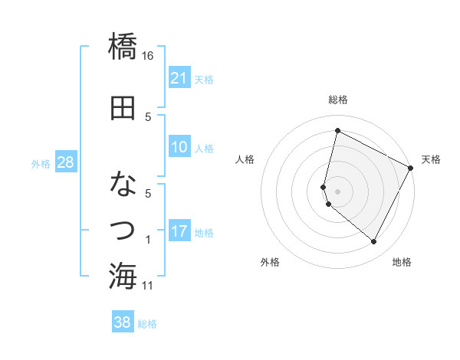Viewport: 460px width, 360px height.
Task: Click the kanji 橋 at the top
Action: point(123,46)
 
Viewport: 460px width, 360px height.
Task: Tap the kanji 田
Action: point(123,108)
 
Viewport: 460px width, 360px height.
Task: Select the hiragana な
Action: point(123,185)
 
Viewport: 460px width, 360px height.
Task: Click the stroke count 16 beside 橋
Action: point(148,56)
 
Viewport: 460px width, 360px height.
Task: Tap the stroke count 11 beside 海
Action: point(148,286)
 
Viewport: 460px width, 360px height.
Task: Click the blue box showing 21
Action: point(179,77)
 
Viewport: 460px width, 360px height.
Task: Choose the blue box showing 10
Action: point(179,147)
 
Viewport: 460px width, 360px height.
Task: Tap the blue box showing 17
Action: point(179,231)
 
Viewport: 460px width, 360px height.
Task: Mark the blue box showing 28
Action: point(65,162)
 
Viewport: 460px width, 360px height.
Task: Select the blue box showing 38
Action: point(123,322)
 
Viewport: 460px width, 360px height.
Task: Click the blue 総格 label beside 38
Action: point(147,323)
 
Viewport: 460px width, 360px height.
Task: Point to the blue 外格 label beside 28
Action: point(40,163)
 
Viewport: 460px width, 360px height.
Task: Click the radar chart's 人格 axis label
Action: point(245,159)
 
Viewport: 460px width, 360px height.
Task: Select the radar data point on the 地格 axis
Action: point(374,242)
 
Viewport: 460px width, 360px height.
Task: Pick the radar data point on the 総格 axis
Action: point(337,131)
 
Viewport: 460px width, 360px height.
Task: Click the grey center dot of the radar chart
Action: point(337,191)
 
